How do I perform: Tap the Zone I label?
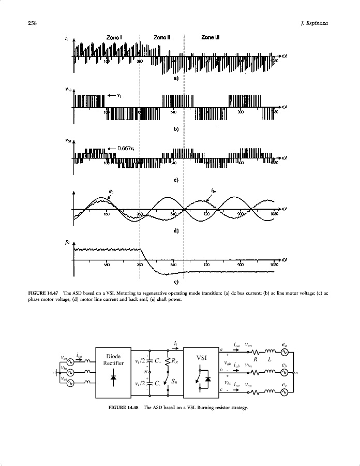[114, 37]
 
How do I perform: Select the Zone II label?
[162, 37]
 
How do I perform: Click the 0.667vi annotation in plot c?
[126, 148]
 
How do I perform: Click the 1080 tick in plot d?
[274, 214]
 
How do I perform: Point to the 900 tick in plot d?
[240, 214]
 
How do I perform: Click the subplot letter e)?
[176, 282]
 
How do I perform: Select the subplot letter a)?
[176, 78]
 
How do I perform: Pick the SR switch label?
[175, 382]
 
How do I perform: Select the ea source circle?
[283, 352]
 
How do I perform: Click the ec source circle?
[283, 392]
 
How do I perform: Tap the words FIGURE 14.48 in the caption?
[124, 407]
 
